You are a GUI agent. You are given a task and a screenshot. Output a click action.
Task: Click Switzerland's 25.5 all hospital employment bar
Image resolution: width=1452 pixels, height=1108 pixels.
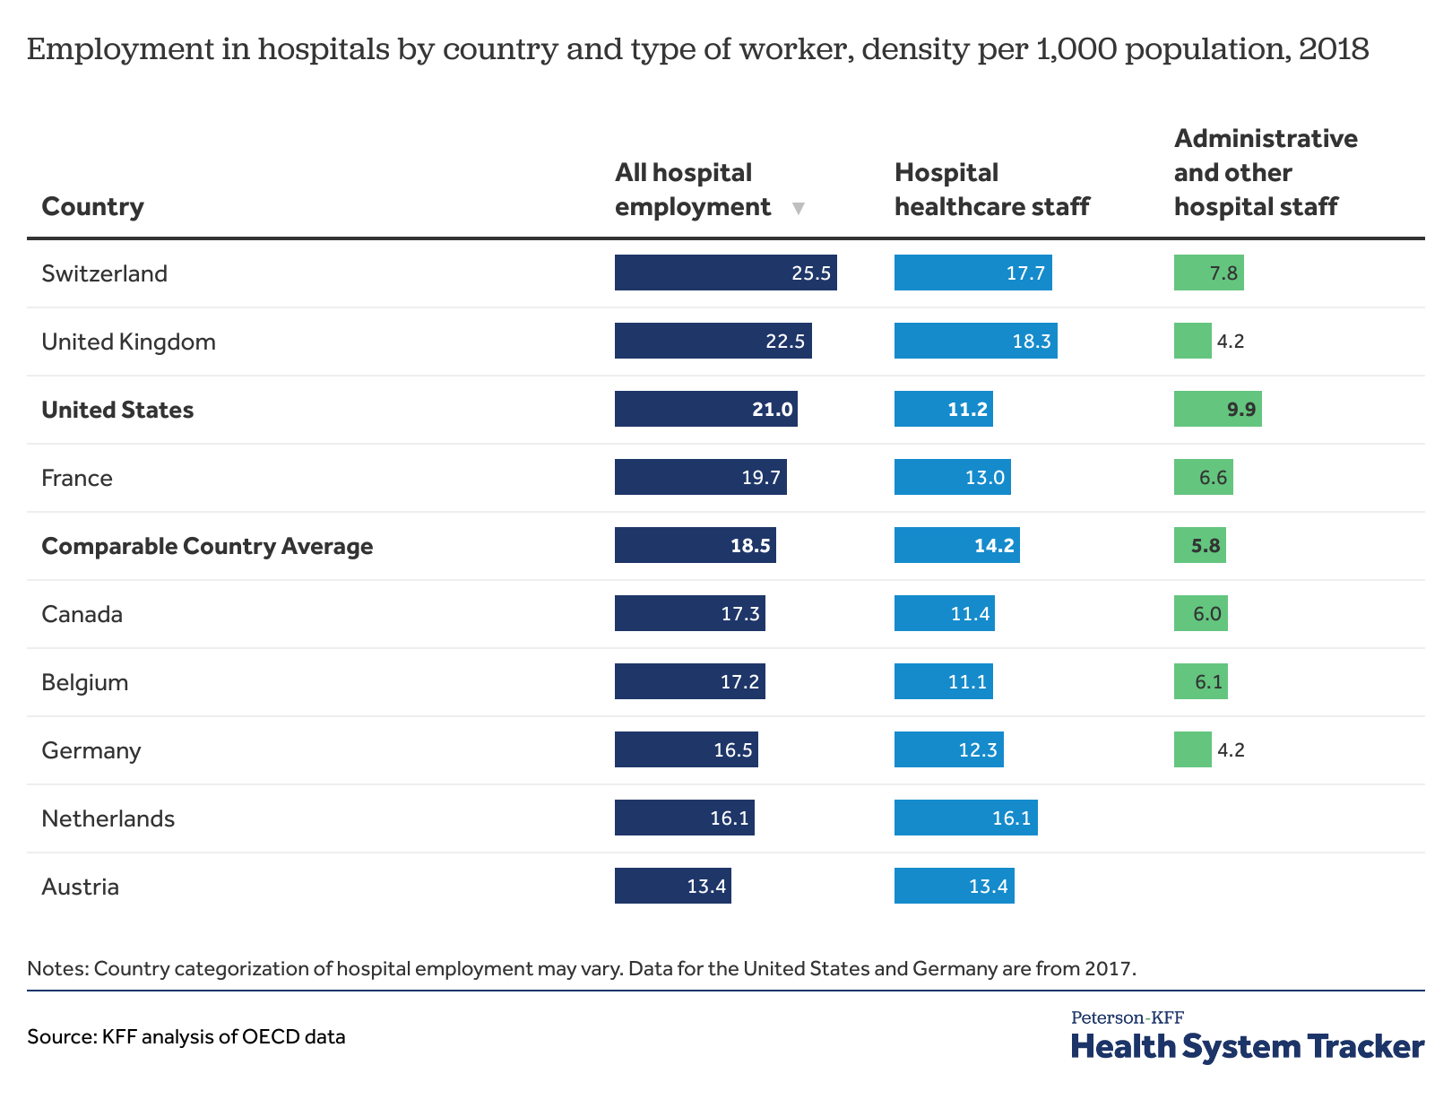coord(725,273)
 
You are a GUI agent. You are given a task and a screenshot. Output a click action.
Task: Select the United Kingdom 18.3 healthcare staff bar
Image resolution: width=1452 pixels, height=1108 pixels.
coord(975,342)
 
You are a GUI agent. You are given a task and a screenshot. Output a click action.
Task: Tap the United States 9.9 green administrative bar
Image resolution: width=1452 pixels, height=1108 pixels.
coord(1217,410)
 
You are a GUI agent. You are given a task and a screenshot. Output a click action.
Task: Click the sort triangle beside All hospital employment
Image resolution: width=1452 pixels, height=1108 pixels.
coord(799,209)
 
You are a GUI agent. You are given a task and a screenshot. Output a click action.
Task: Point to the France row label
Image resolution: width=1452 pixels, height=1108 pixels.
coord(77,478)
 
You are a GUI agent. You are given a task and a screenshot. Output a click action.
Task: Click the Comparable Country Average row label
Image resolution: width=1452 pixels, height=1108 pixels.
coord(207,546)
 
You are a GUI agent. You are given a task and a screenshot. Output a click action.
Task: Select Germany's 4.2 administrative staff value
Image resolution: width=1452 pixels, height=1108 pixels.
coord(1231,750)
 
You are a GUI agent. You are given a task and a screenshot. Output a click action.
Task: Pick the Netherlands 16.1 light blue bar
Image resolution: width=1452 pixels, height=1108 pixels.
coord(965,818)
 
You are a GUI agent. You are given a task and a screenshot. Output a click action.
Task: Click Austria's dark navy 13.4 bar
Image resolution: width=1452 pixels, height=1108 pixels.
coord(672,887)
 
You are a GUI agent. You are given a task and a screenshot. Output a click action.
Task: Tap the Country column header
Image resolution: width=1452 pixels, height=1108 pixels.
coord(92,207)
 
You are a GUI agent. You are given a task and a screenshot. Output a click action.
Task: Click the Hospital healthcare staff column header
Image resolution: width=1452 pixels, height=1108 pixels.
coord(991,190)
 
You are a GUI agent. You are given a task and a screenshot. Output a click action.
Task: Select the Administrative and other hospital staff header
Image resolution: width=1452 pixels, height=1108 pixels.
coord(1265,173)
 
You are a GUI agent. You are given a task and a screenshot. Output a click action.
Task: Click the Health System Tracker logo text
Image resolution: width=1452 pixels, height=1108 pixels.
coord(1247,1046)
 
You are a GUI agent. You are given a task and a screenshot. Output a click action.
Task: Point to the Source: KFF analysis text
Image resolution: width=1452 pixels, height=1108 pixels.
coord(186,1037)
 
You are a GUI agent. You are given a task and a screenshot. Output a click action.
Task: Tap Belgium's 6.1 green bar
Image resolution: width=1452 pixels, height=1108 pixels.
coord(1200,682)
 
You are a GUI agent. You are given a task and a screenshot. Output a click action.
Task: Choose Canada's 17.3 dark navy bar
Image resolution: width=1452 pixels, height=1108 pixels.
coord(689,614)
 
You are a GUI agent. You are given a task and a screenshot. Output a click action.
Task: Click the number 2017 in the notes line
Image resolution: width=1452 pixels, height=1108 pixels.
coord(1110,969)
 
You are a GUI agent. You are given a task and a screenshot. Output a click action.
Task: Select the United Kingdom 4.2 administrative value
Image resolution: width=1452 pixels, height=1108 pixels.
coord(1231,342)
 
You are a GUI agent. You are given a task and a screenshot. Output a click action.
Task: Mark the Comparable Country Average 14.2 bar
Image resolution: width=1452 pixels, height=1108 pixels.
coord(956,546)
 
